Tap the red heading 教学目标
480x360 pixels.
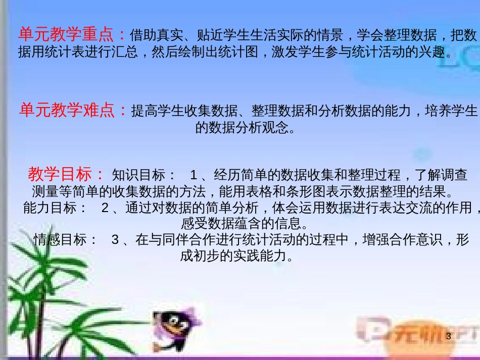(60, 174)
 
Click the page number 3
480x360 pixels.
(448, 336)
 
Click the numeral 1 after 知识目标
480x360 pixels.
(194, 175)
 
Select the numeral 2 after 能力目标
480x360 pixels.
(105, 208)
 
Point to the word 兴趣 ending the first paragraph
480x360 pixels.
(435, 52)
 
